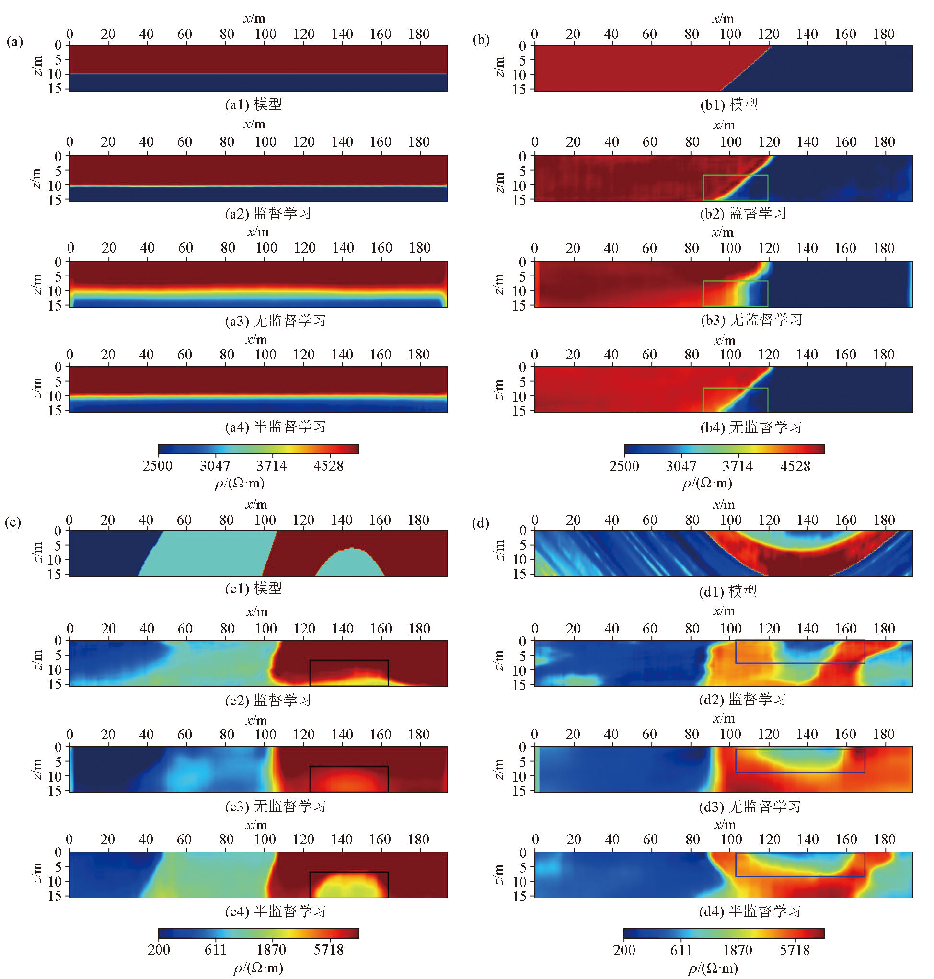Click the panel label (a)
(14, 41)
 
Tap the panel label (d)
(481, 523)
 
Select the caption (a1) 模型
(254, 104)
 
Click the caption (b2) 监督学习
(743, 214)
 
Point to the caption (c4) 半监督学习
(276, 911)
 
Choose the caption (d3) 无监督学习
(750, 806)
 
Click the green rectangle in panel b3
(735, 294)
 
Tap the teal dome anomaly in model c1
(350, 564)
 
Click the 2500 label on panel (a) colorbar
(157, 466)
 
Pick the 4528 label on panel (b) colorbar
(795, 466)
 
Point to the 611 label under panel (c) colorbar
(216, 950)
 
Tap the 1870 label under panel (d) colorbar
(738, 950)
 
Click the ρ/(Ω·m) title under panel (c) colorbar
(258, 967)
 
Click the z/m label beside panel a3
(36, 284)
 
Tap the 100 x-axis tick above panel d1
(730, 519)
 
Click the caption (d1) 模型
(728, 591)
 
